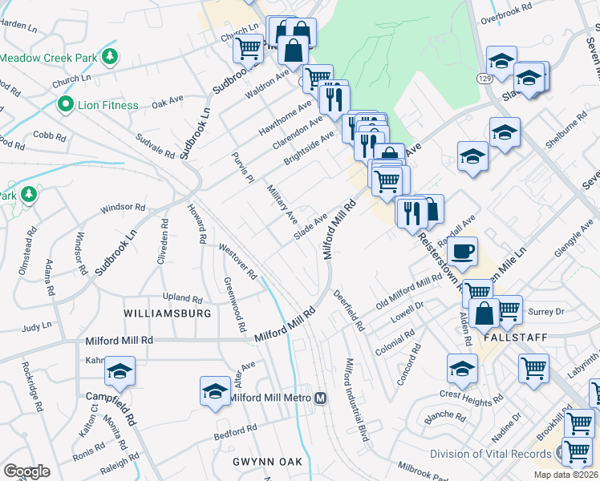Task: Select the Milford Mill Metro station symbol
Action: pos(320,398)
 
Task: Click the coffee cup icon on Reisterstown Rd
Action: pos(461,251)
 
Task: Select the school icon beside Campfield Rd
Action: pos(120,371)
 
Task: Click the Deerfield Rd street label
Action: pos(350,310)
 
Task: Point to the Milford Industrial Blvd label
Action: pos(357,398)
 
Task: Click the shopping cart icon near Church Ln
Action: pos(248,48)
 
